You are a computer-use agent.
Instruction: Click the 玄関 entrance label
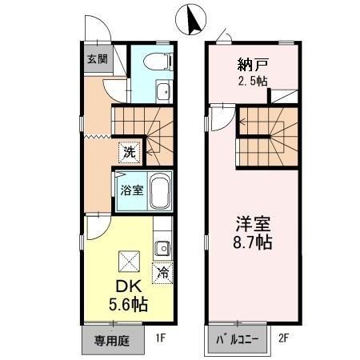point(96,58)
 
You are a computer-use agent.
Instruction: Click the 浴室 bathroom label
point(130,190)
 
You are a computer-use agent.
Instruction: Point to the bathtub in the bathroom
point(160,192)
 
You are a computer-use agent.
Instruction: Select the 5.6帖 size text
point(126,305)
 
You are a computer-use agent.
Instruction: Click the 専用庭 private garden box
point(113,339)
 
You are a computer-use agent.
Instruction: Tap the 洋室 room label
point(253,222)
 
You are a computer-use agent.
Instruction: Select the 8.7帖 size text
point(253,241)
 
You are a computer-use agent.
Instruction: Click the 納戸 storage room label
point(252,65)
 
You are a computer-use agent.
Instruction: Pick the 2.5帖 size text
point(253,82)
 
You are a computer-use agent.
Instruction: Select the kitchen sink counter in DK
point(162,246)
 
